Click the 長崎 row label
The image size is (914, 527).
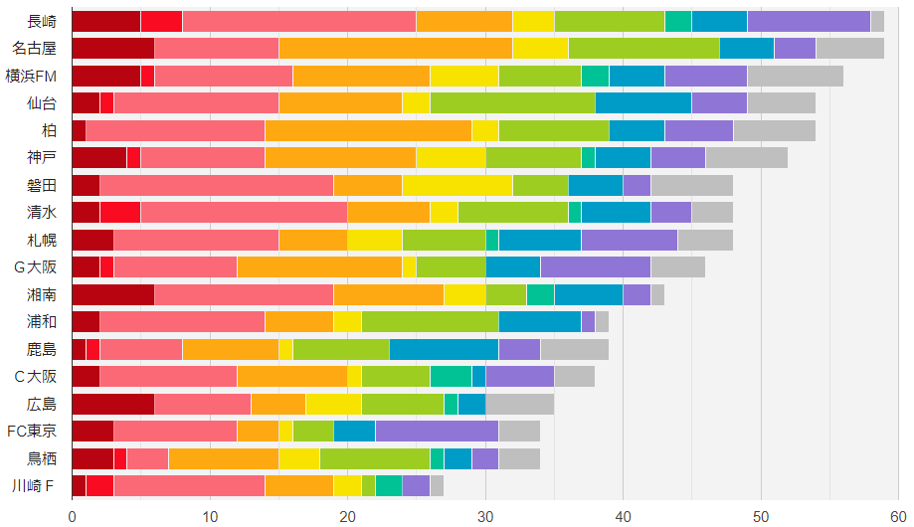(x=42, y=21)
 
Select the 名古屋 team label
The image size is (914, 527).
(x=34, y=48)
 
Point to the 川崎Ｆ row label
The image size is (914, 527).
(x=34, y=485)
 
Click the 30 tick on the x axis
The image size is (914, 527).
(x=485, y=516)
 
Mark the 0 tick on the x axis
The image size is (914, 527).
(x=73, y=516)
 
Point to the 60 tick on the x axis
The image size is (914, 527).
(x=898, y=516)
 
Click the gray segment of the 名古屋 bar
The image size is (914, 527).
(x=849, y=48)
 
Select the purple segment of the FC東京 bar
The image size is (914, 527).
(x=437, y=431)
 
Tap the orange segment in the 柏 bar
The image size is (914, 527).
(x=368, y=130)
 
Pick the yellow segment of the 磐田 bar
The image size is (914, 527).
(x=457, y=185)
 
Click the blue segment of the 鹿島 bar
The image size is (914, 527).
(x=444, y=349)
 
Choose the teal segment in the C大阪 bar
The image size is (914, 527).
(x=451, y=376)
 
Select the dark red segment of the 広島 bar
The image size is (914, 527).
(x=113, y=404)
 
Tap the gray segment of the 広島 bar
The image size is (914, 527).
(x=519, y=404)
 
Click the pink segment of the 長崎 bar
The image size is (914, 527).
(x=299, y=21)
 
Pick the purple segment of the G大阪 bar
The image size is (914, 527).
(x=595, y=266)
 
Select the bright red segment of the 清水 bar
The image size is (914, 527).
(x=120, y=212)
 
